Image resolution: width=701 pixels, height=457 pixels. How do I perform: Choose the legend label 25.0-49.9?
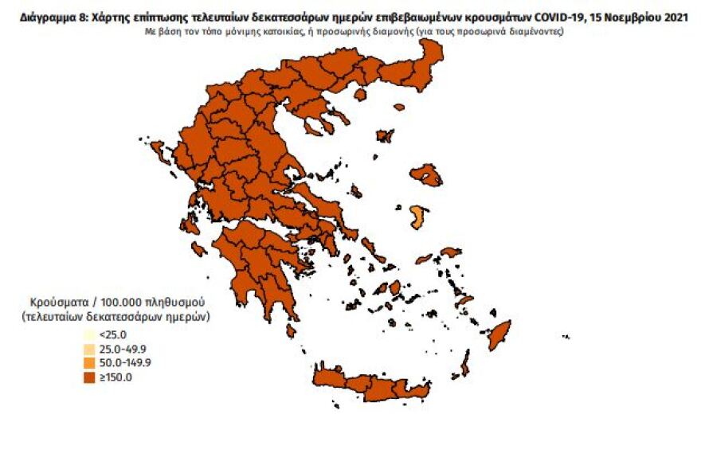pyautogui.click(x=121, y=349)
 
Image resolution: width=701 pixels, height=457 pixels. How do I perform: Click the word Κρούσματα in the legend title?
pyautogui.click(x=57, y=303)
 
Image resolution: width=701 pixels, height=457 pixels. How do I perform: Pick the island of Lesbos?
pyautogui.click(x=426, y=174)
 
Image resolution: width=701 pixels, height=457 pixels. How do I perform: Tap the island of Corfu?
pyautogui.click(x=159, y=151)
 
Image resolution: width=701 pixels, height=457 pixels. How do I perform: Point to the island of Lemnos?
pyautogui.click(x=385, y=135)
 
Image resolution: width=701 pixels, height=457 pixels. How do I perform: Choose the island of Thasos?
pyautogui.click(x=360, y=94)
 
